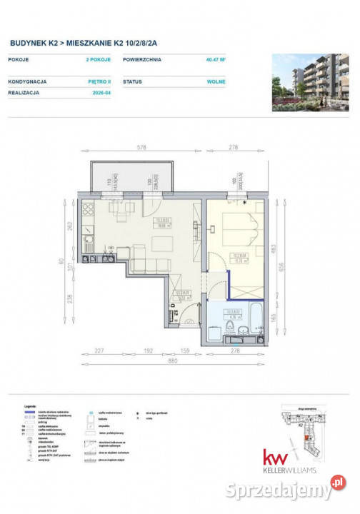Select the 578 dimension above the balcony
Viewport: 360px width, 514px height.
coord(141,148)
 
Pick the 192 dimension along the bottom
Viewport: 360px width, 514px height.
coord(151,351)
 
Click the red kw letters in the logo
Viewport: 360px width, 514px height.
coord(274,458)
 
